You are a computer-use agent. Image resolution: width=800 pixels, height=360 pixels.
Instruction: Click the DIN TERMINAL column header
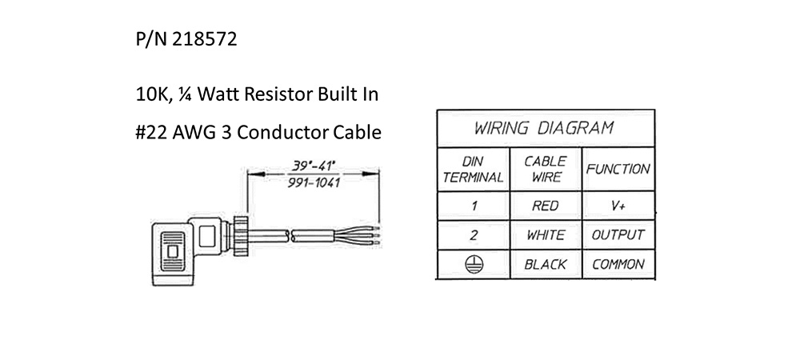click(473, 169)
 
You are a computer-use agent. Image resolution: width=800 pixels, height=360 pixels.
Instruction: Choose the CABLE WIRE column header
click(545, 169)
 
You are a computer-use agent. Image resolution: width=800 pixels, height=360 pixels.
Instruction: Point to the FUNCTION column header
click(617, 170)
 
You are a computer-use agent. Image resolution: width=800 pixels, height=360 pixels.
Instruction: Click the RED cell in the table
click(545, 206)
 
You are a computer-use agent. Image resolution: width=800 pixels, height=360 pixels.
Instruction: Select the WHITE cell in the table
click(545, 235)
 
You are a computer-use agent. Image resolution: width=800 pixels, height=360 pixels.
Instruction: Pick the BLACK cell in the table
click(545, 264)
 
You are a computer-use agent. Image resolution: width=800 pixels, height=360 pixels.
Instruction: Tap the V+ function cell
click(617, 206)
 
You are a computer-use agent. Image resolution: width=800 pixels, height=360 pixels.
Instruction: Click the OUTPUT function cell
click(617, 235)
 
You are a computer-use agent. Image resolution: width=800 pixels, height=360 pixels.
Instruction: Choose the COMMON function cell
click(617, 264)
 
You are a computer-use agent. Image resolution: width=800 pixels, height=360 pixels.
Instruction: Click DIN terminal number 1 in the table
click(474, 206)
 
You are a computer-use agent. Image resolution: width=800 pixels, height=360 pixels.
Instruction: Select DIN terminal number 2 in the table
click(474, 235)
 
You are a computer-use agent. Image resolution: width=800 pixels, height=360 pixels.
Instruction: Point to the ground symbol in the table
click(474, 263)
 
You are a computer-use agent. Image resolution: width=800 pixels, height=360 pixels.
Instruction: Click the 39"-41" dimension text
click(312, 166)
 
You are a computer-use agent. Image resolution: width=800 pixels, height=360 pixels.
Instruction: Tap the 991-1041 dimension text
click(312, 182)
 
